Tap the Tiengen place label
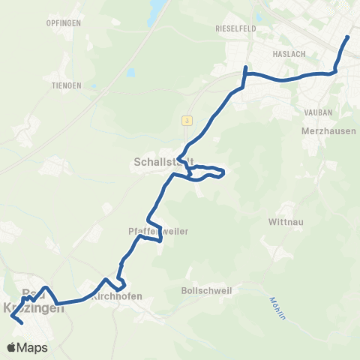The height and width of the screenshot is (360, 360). (67, 85)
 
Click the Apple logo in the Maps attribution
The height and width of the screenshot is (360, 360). (12, 347)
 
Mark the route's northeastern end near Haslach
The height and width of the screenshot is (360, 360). (348, 37)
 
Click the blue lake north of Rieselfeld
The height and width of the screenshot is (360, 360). (159, 10)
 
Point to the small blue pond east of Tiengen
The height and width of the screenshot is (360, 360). (131, 73)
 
